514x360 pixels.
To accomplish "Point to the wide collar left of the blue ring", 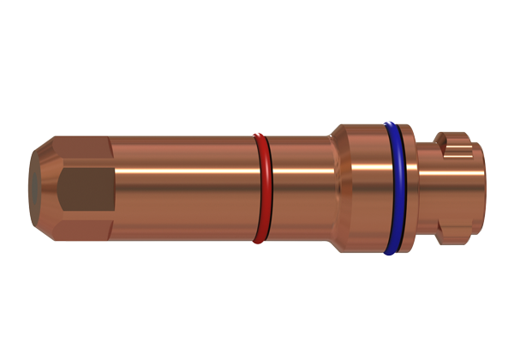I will [363, 189].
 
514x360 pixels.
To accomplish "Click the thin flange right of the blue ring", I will [409, 189].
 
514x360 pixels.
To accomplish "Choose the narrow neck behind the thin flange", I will [426, 189].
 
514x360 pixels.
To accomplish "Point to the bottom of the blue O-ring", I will [391, 254].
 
